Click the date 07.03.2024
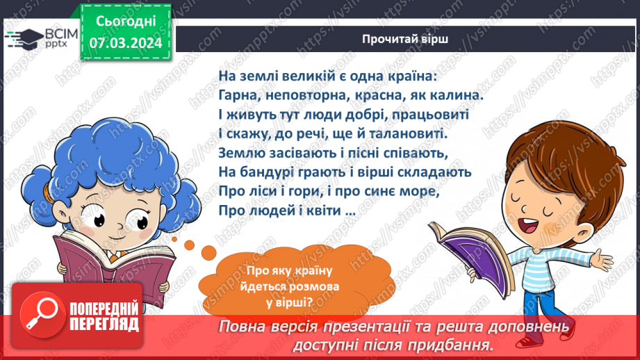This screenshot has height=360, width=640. click(125, 43)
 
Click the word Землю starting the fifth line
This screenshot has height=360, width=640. click(240, 152)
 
